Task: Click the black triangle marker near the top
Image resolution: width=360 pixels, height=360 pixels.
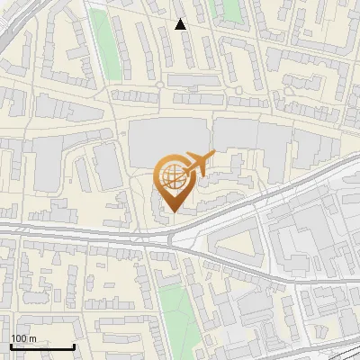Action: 181,24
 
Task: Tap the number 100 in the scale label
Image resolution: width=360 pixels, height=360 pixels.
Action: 20,338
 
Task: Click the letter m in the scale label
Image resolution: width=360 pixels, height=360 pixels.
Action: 32,338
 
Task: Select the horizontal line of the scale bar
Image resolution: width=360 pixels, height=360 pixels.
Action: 41,346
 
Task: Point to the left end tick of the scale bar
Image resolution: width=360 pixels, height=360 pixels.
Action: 10,346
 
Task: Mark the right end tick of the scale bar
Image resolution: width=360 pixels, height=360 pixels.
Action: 74,346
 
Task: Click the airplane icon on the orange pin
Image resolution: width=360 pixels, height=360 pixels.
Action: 196,165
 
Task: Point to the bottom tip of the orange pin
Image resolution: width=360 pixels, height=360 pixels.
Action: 171,212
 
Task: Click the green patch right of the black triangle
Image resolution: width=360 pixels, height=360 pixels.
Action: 228,10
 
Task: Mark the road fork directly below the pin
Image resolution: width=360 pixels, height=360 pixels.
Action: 171,237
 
